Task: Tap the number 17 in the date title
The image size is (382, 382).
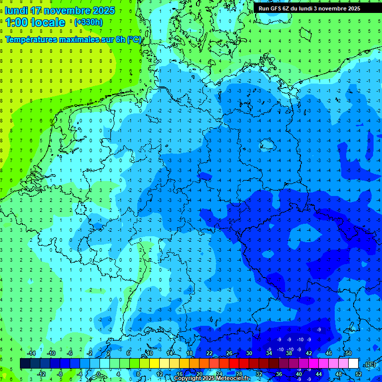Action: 36,10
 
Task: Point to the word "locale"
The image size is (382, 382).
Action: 47,22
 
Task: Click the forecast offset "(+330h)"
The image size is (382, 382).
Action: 89,22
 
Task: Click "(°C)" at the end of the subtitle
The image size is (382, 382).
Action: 134,39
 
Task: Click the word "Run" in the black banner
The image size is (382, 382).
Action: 264,8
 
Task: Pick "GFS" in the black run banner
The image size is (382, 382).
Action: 277,8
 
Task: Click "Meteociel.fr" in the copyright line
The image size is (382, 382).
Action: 233,379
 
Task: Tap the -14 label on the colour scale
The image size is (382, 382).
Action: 31,353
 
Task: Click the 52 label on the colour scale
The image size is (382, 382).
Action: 359,374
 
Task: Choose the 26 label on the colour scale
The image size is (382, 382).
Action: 229,353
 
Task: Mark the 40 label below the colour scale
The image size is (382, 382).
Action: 299,374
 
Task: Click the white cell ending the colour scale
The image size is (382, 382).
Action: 354,364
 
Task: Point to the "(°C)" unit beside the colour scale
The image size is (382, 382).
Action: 370,364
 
